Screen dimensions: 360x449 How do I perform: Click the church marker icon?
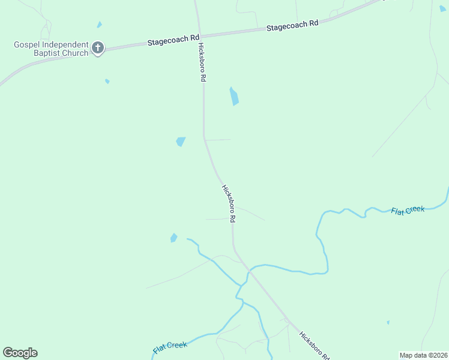[x=98, y=48]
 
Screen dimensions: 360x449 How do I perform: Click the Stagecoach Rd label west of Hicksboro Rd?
[x=173, y=40]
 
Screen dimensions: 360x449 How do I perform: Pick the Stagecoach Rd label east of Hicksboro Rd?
[x=292, y=25]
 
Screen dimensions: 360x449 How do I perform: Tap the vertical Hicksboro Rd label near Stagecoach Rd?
[x=203, y=62]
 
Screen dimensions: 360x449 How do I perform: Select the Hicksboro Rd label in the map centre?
[x=229, y=204]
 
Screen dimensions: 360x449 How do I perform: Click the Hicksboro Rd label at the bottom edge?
[x=314, y=346]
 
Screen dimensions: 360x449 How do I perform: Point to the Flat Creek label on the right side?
[x=408, y=210]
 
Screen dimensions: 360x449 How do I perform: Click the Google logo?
[x=20, y=353]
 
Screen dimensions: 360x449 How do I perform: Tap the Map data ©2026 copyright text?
[x=423, y=355]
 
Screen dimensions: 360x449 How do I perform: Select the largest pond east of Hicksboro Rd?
[x=234, y=96]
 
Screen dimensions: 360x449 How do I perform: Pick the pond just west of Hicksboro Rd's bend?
[x=180, y=142]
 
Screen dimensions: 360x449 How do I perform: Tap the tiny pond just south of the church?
[x=107, y=81]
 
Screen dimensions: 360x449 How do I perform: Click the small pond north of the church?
[x=100, y=25]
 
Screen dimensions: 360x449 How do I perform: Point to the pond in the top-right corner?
[x=442, y=8]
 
